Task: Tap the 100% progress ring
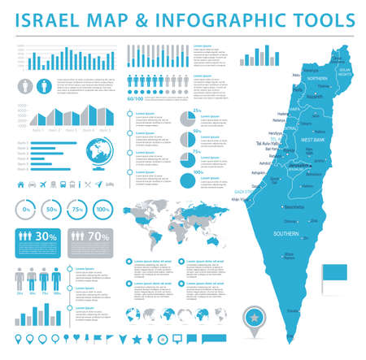coord(102,209)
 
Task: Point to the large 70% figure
coord(99,237)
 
